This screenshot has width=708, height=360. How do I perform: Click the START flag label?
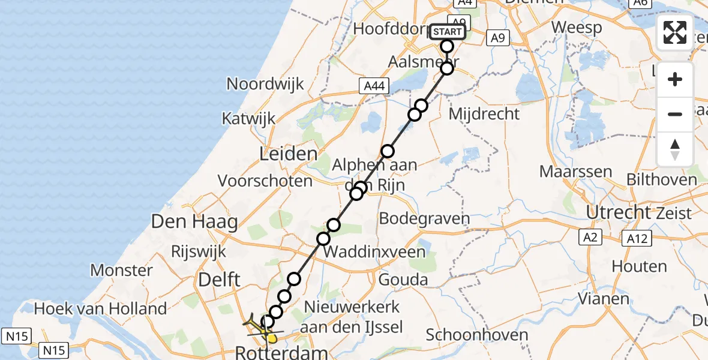point(448,31)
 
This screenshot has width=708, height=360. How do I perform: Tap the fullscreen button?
point(675,32)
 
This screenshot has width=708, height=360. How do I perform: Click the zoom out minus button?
point(675,114)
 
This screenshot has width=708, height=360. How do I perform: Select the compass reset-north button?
point(675,149)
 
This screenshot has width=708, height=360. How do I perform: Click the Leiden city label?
point(288,154)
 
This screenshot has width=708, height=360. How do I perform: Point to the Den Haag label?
point(194,221)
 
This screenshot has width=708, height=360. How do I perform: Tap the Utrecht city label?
point(619,212)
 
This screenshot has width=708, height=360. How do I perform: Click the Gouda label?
point(403,280)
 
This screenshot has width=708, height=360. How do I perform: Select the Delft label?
point(220,279)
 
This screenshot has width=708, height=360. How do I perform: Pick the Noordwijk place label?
point(265,83)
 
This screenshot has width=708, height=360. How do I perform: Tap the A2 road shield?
point(591,238)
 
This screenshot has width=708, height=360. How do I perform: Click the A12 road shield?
point(637,239)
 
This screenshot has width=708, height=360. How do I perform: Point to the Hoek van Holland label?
point(101,309)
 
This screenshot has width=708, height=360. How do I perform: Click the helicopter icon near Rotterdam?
point(259,324)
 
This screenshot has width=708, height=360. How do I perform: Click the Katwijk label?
point(249,118)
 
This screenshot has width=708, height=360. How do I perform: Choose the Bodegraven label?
point(425,218)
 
